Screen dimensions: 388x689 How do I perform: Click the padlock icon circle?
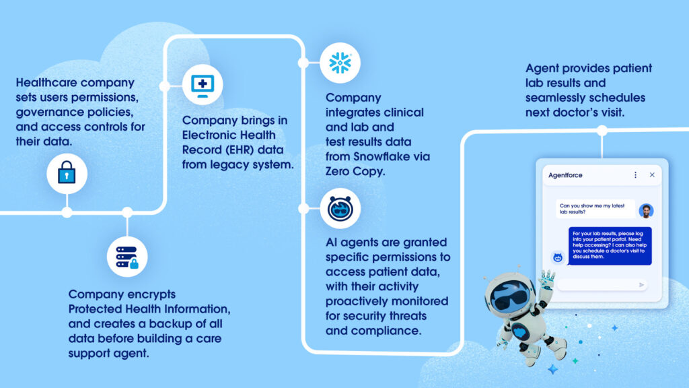(67, 174)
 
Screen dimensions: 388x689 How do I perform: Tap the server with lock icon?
(127, 257)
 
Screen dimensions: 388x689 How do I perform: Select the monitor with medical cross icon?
(203, 84)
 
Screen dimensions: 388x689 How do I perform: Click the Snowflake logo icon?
(340, 63)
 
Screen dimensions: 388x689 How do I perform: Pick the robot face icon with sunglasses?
(340, 208)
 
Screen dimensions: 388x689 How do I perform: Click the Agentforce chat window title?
(565, 175)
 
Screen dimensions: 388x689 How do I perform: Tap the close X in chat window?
(652, 175)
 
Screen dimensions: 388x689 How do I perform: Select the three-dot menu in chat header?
(635, 175)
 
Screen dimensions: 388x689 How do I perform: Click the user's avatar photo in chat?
(646, 210)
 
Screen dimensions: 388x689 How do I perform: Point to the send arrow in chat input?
(641, 285)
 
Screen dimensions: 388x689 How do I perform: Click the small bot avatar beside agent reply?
(557, 257)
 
